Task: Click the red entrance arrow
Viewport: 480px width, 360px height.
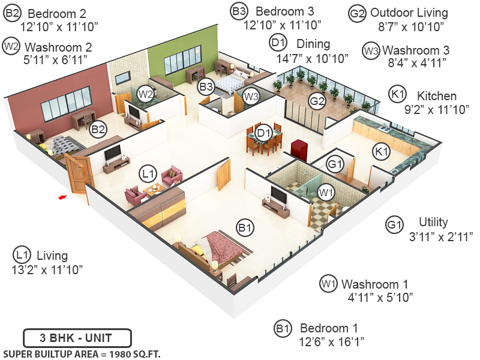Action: [61, 196]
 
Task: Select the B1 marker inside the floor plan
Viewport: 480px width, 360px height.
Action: [244, 227]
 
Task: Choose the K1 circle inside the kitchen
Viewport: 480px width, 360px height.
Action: [380, 151]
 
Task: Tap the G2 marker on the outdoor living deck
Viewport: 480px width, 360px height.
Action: [317, 101]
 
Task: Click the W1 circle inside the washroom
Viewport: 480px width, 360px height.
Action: [326, 192]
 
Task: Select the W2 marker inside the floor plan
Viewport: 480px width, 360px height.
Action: [145, 94]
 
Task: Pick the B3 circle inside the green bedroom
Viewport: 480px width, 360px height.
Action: [206, 86]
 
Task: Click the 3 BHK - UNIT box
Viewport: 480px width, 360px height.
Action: [76, 337]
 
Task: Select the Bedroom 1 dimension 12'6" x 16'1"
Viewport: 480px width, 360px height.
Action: [332, 341]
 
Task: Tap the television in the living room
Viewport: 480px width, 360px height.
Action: [113, 154]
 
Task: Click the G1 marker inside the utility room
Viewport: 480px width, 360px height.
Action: [335, 164]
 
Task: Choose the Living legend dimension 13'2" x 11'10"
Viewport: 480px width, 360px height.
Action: [47, 269]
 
